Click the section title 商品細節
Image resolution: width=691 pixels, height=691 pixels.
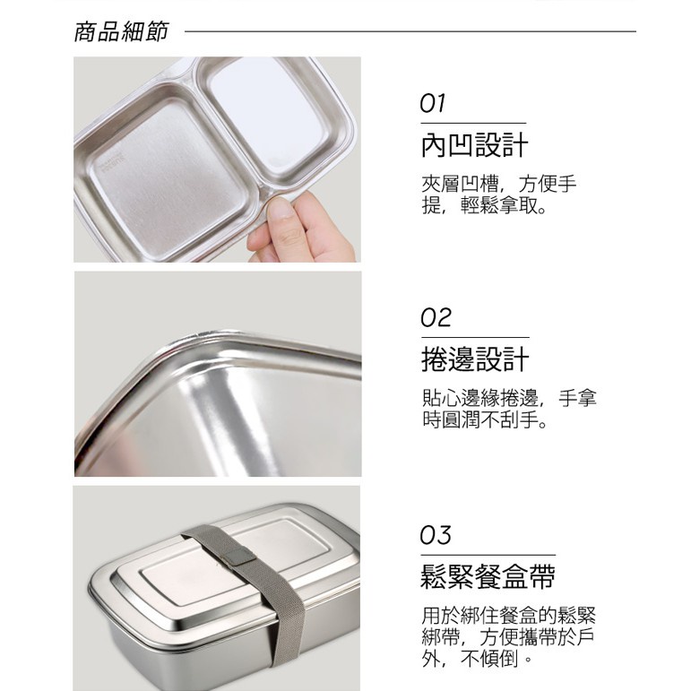(x=121, y=31)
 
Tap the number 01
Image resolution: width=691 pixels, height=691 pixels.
(x=433, y=103)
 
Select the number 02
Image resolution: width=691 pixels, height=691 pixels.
(x=436, y=318)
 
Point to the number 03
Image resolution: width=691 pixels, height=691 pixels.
(x=436, y=535)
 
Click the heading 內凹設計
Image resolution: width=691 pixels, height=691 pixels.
(x=475, y=145)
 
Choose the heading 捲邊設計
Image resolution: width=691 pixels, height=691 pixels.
(x=475, y=359)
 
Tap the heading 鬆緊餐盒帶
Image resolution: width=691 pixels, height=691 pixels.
(x=488, y=576)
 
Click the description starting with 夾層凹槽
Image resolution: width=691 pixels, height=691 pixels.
(x=499, y=194)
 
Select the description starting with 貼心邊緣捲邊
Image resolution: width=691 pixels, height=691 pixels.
(x=509, y=409)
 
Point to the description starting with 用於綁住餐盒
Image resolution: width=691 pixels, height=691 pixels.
(x=508, y=637)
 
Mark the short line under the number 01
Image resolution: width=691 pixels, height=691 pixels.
(x=473, y=123)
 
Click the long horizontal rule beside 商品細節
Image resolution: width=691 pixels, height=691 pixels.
(x=410, y=31)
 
